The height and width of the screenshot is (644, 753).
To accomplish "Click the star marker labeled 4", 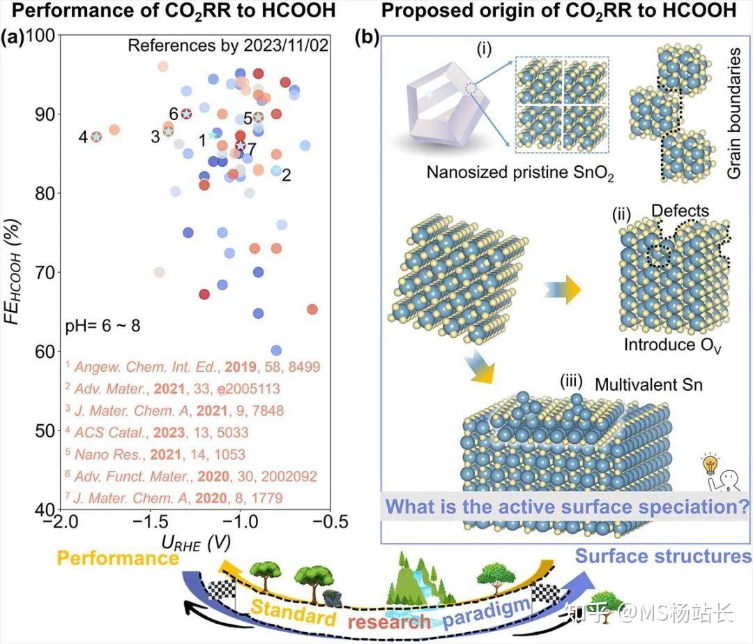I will [96, 137].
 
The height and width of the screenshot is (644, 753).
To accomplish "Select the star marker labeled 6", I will [186, 114].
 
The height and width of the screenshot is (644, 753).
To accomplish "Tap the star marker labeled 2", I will [276, 170].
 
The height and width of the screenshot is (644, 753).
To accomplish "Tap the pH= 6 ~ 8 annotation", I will [102, 325].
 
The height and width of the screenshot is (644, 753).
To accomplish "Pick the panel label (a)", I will [13, 38].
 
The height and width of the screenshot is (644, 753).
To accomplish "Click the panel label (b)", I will [367, 38].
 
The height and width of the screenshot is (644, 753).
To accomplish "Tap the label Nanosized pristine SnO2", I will [520, 173].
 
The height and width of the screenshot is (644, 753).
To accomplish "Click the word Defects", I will [680, 211].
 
